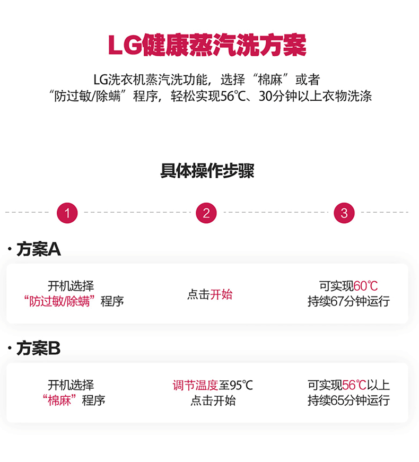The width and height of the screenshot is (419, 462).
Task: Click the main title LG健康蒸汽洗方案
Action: coord(207,47)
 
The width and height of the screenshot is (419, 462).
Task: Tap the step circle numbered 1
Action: coord(67,213)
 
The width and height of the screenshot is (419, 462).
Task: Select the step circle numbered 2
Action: coord(206,213)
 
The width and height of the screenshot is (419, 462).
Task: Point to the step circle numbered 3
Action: coord(344,213)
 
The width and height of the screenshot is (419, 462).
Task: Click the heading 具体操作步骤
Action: coord(207,171)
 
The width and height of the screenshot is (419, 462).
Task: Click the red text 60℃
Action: coord(365,286)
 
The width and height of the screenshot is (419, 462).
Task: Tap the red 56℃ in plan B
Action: coord(354,385)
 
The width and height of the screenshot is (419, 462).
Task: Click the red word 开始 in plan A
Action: coord(221,294)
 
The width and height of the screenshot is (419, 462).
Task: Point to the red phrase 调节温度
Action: coord(195,385)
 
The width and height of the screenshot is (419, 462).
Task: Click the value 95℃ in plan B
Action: coord(241,385)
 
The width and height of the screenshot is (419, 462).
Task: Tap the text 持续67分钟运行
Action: coord(348,301)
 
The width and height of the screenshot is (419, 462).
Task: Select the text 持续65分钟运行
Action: coord(348,400)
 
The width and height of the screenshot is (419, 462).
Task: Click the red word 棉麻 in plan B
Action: coord(59,400)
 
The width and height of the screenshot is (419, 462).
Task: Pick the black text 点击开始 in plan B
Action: coord(213,400)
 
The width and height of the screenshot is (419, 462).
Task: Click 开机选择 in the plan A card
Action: coord(71,286)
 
